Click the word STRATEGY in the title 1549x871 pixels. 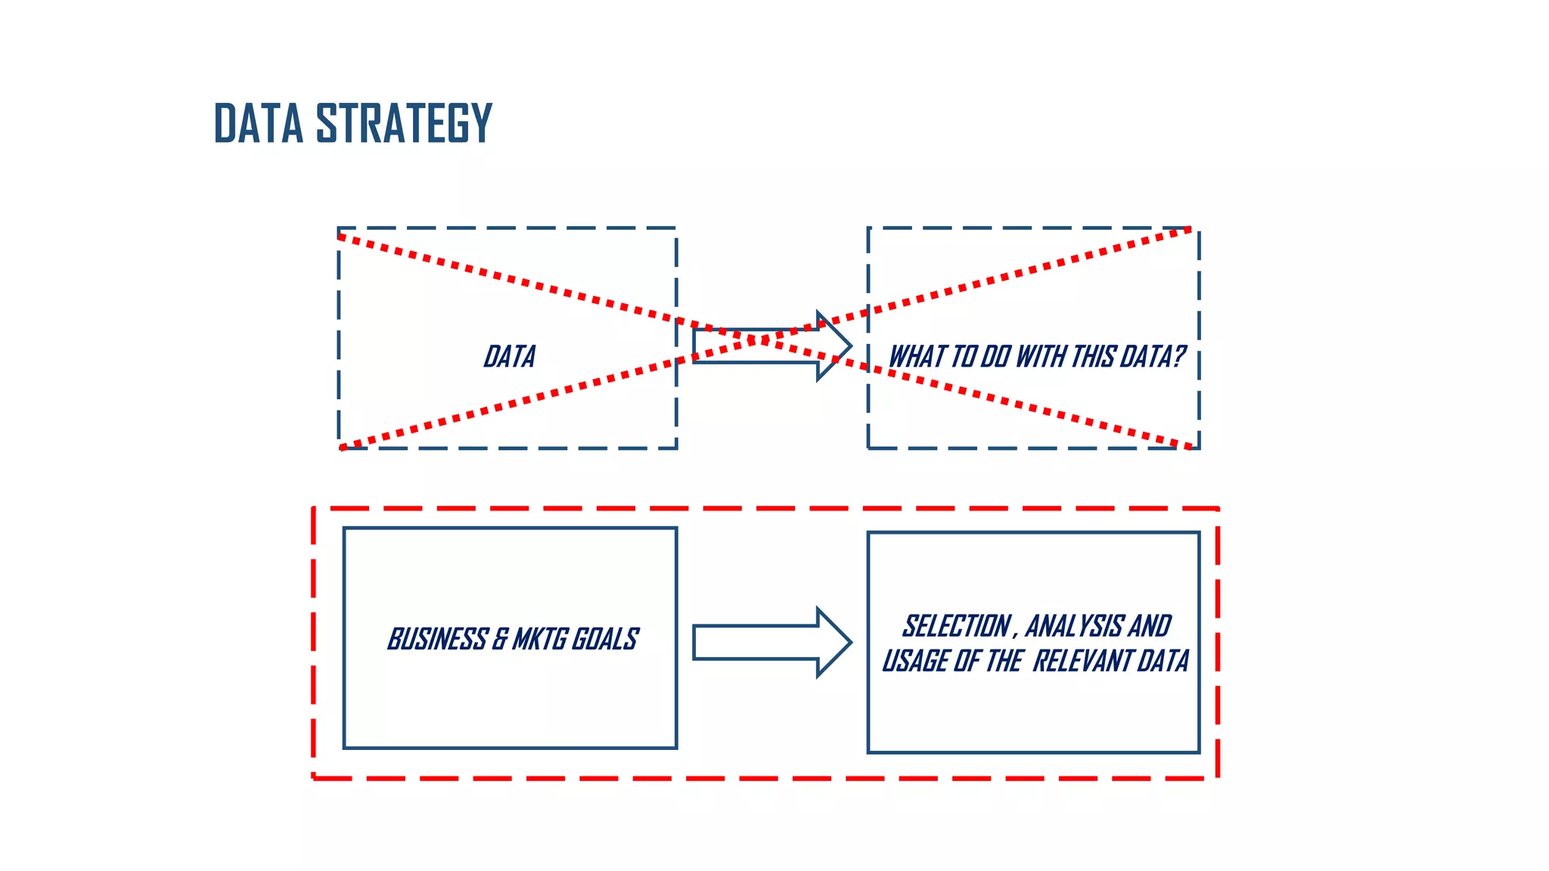tap(404, 123)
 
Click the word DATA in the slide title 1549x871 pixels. tap(259, 123)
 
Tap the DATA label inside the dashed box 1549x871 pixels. tap(510, 357)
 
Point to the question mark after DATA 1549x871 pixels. tap(1179, 355)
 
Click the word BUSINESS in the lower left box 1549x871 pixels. tap(437, 640)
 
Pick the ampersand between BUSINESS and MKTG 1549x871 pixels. tap(500, 640)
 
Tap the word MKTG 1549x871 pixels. tap(539, 640)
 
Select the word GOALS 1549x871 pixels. tap(605, 640)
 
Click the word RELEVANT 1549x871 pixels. tap(1082, 662)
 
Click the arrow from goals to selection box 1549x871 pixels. tap(771, 643)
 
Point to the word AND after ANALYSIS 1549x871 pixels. tap(1150, 626)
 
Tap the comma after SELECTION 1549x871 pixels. tap(1016, 634)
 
